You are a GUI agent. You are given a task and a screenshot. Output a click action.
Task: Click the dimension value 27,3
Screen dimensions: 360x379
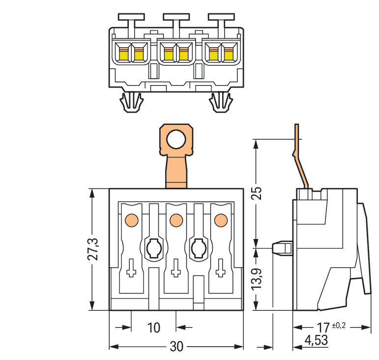click(x=94, y=249)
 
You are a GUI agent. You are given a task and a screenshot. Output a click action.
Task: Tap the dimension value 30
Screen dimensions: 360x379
click(x=176, y=347)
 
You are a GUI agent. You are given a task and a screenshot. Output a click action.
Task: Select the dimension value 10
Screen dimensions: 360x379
click(x=154, y=328)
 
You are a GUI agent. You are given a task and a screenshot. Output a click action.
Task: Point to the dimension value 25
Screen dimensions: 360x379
click(x=256, y=192)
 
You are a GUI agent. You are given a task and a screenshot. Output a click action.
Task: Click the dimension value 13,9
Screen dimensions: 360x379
click(x=256, y=279)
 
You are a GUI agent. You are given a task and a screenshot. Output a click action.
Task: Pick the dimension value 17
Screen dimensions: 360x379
click(x=322, y=327)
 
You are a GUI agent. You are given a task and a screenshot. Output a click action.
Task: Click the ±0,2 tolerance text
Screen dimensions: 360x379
click(x=340, y=325)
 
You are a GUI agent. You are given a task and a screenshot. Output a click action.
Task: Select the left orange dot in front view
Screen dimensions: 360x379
click(x=131, y=219)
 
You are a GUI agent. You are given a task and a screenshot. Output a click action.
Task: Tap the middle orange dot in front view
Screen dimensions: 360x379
click(x=175, y=219)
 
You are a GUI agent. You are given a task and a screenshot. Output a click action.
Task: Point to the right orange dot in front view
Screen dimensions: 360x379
click(x=220, y=219)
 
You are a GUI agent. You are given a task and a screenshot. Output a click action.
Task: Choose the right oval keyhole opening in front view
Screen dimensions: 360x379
click(x=198, y=247)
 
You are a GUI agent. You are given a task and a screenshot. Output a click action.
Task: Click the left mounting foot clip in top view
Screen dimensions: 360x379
click(x=131, y=102)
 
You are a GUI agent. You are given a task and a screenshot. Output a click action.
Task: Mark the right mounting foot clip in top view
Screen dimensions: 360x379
click(x=220, y=102)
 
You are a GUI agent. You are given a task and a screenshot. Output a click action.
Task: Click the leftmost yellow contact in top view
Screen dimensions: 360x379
click(x=122, y=53)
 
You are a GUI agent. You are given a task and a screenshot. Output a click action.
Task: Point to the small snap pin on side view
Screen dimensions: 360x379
click(x=282, y=248)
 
